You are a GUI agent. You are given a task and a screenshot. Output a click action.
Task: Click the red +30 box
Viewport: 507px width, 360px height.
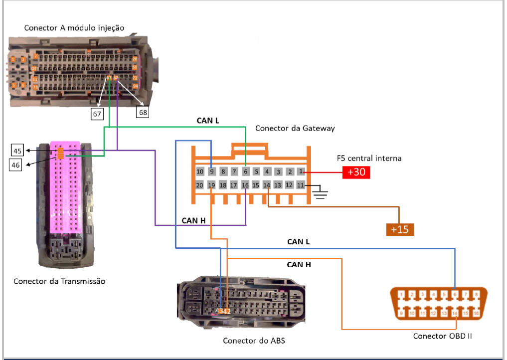tap(356, 173)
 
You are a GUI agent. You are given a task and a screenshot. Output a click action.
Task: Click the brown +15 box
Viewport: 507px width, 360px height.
tap(400, 229)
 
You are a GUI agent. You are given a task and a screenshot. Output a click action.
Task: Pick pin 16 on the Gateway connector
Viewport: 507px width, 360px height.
tap(245, 185)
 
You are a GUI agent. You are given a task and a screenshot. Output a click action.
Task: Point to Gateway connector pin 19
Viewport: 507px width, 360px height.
tap(211, 185)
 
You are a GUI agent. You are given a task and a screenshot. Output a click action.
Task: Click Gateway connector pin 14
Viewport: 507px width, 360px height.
tap(267, 185)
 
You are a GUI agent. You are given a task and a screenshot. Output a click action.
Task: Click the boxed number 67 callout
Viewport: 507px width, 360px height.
tap(97, 114)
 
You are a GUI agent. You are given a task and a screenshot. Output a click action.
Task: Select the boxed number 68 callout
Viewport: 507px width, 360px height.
tap(143, 113)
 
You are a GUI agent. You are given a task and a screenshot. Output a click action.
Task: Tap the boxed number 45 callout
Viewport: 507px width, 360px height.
tap(17, 151)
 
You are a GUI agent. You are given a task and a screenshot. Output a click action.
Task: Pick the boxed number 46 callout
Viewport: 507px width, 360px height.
tap(17, 165)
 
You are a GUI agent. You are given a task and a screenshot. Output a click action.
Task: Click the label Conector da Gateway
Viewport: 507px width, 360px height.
tap(295, 128)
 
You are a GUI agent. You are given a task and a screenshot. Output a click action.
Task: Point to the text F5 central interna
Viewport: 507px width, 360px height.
tap(369, 159)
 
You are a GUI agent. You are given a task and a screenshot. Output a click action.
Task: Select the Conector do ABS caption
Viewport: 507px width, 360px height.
tap(254, 341)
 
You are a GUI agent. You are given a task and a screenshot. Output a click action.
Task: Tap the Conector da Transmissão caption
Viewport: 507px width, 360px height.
tap(59, 281)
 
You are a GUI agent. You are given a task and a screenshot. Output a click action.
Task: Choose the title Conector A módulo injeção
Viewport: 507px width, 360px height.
tap(74, 27)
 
